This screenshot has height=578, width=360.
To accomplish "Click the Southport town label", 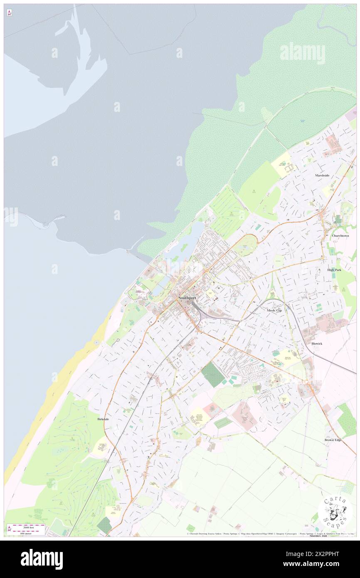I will [x=187, y=298].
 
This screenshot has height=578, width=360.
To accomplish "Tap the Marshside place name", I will [x=322, y=175].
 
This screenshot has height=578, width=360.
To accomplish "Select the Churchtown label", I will [x=340, y=236].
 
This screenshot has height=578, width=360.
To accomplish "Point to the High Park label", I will [x=334, y=270].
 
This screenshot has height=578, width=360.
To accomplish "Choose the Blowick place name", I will [x=317, y=344].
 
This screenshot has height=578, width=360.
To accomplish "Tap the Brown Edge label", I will [x=333, y=440].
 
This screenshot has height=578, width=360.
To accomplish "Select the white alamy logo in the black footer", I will [x=42, y=559].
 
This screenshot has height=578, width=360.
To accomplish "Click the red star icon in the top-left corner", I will [x=9, y=12].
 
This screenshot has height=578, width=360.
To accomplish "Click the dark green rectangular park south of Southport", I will [x=213, y=374].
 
